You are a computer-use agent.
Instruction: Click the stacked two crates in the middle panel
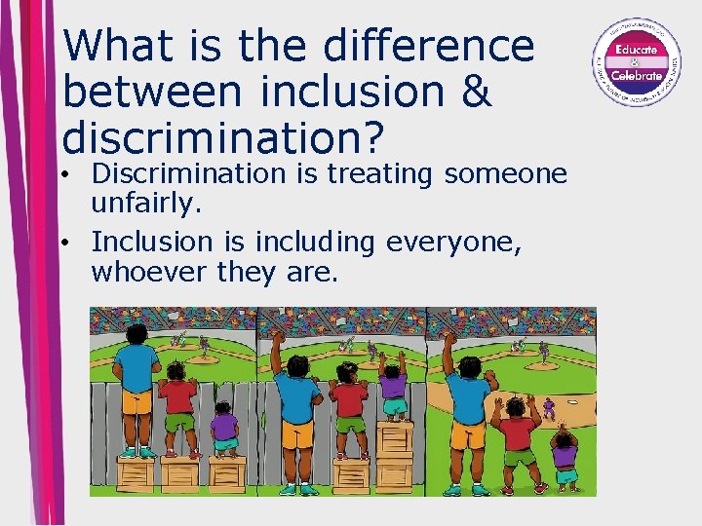point(395,458)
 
